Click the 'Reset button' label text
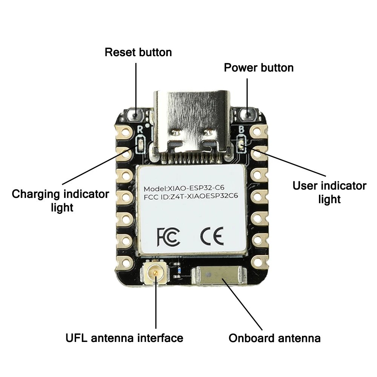pyautogui.click(x=138, y=52)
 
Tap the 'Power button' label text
pyautogui.click(x=259, y=68)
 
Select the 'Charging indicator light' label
pyautogui.click(x=60, y=201)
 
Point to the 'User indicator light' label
pyautogui.click(x=329, y=192)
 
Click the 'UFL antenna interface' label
pyautogui.click(x=124, y=338)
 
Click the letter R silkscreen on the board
pyautogui.click(x=140, y=129)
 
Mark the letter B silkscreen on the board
pyautogui.click(x=242, y=129)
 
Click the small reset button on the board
pyautogui.click(x=135, y=114)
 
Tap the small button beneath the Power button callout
pyautogui.click(x=247, y=113)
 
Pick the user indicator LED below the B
pyautogui.click(x=242, y=144)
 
